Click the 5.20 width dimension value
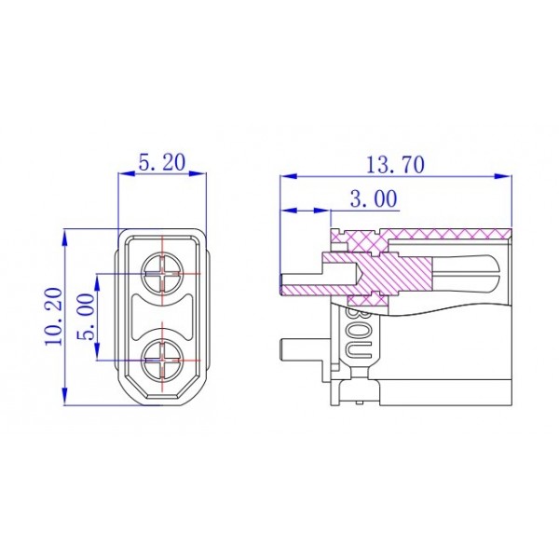coord(162,162)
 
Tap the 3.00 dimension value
coord(373,198)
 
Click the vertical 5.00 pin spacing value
coord(87,317)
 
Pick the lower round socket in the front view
coord(163,357)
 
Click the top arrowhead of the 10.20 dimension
coord(65,234)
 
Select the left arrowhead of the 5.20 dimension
coord(124,173)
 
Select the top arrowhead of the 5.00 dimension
coord(98,279)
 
